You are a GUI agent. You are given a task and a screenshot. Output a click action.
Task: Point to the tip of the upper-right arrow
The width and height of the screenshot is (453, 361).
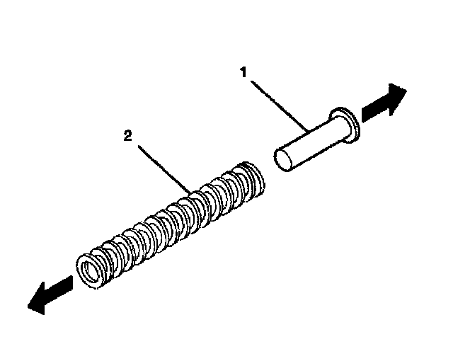click(x=406, y=91)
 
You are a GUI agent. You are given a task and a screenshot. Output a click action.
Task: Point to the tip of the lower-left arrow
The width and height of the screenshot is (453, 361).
click(x=28, y=306)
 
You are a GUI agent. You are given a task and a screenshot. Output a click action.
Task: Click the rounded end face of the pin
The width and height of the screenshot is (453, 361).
click(x=283, y=159)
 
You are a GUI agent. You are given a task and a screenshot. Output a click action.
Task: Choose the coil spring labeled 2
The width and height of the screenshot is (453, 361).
click(x=170, y=219)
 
